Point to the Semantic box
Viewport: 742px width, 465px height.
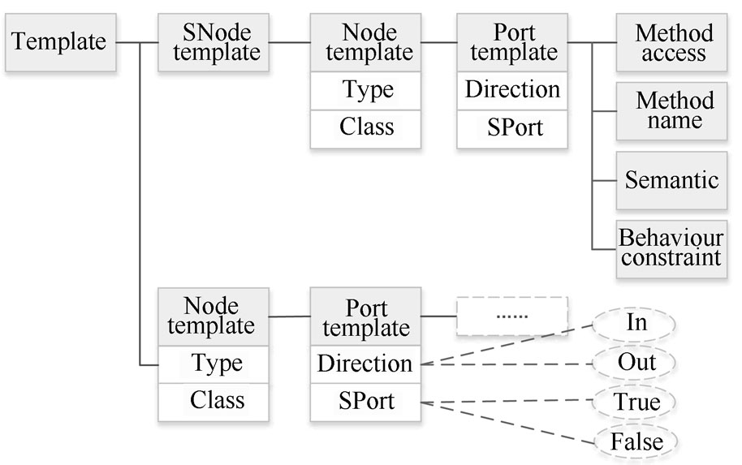[x=671, y=179]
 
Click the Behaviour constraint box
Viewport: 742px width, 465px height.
[x=671, y=248]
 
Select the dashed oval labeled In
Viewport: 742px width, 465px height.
[x=636, y=322]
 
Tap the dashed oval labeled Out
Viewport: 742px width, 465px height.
[x=636, y=362]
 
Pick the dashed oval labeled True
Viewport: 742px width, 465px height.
[x=636, y=402]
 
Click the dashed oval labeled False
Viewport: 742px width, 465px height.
[x=636, y=441]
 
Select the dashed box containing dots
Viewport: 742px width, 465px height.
[x=511, y=316]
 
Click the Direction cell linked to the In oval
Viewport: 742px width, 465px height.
[x=365, y=363]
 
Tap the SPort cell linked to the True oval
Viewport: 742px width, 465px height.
[x=365, y=401]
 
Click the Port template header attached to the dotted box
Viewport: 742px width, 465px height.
[x=365, y=318]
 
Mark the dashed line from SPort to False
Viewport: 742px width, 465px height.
[x=507, y=421]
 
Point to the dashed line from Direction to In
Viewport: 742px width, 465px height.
[x=507, y=342]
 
